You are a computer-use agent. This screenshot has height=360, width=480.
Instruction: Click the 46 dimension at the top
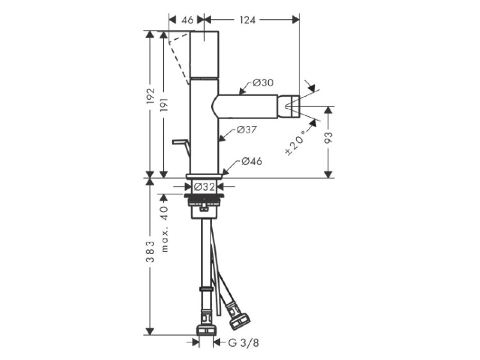188,20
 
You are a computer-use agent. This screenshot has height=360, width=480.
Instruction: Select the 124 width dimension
247,20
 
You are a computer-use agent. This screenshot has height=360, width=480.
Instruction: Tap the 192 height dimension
150,96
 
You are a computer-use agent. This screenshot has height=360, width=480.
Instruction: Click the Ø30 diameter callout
263,82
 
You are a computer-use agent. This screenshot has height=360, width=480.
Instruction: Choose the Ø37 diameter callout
246,130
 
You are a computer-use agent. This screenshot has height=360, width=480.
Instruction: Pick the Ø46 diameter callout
252,161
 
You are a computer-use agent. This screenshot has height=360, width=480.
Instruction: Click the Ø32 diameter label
205,187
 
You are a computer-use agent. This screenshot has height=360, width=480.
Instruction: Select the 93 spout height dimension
328,138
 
